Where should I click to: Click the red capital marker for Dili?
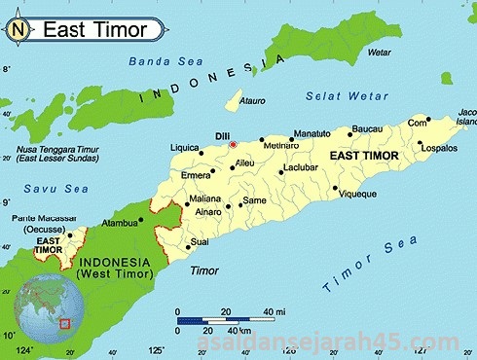click(x=233, y=145)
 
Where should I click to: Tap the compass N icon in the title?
click(x=18, y=28)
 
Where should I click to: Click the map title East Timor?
click(x=94, y=29)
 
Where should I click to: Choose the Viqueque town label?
click(x=357, y=195)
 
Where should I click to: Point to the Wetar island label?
click(x=379, y=52)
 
